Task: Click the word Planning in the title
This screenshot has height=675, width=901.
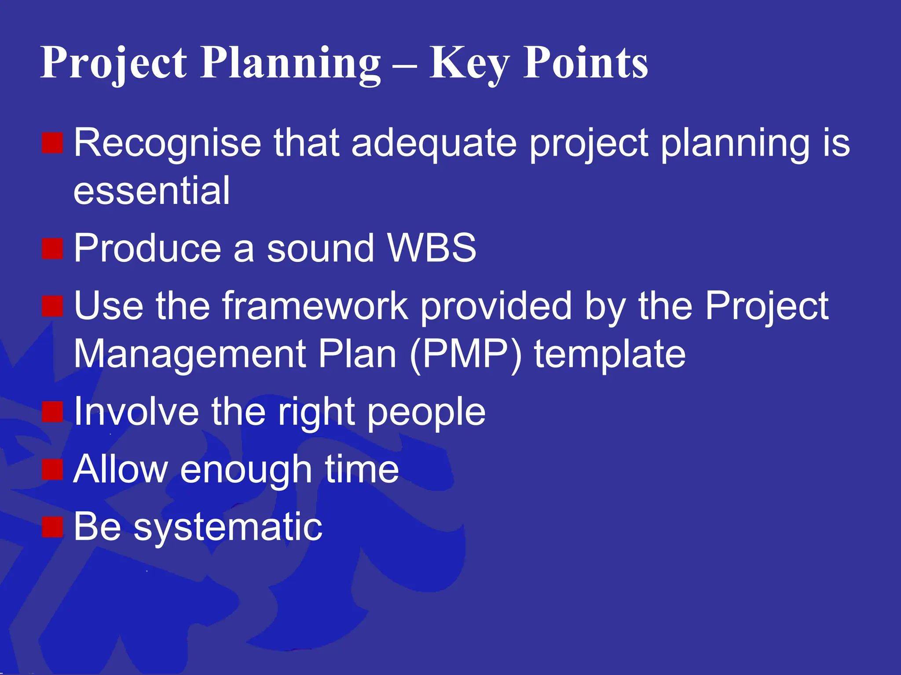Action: click(x=290, y=64)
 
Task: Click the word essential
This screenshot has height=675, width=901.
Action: click(x=151, y=191)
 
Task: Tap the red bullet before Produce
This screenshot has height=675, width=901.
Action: click(x=53, y=249)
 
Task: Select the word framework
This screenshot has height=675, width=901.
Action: click(x=315, y=306)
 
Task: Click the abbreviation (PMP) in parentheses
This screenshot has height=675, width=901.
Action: click(x=465, y=354)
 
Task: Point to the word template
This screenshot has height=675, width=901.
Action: click(x=610, y=354)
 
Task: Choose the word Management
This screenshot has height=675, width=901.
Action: click(x=189, y=354)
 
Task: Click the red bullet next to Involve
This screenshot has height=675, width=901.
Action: click(x=53, y=412)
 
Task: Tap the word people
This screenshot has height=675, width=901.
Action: click(x=426, y=413)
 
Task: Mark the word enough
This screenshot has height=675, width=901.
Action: click(x=246, y=470)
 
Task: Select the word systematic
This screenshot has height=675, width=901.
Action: click(x=227, y=527)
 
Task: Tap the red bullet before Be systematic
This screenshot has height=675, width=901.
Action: click(x=53, y=527)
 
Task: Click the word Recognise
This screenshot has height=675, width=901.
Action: click(x=167, y=144)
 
